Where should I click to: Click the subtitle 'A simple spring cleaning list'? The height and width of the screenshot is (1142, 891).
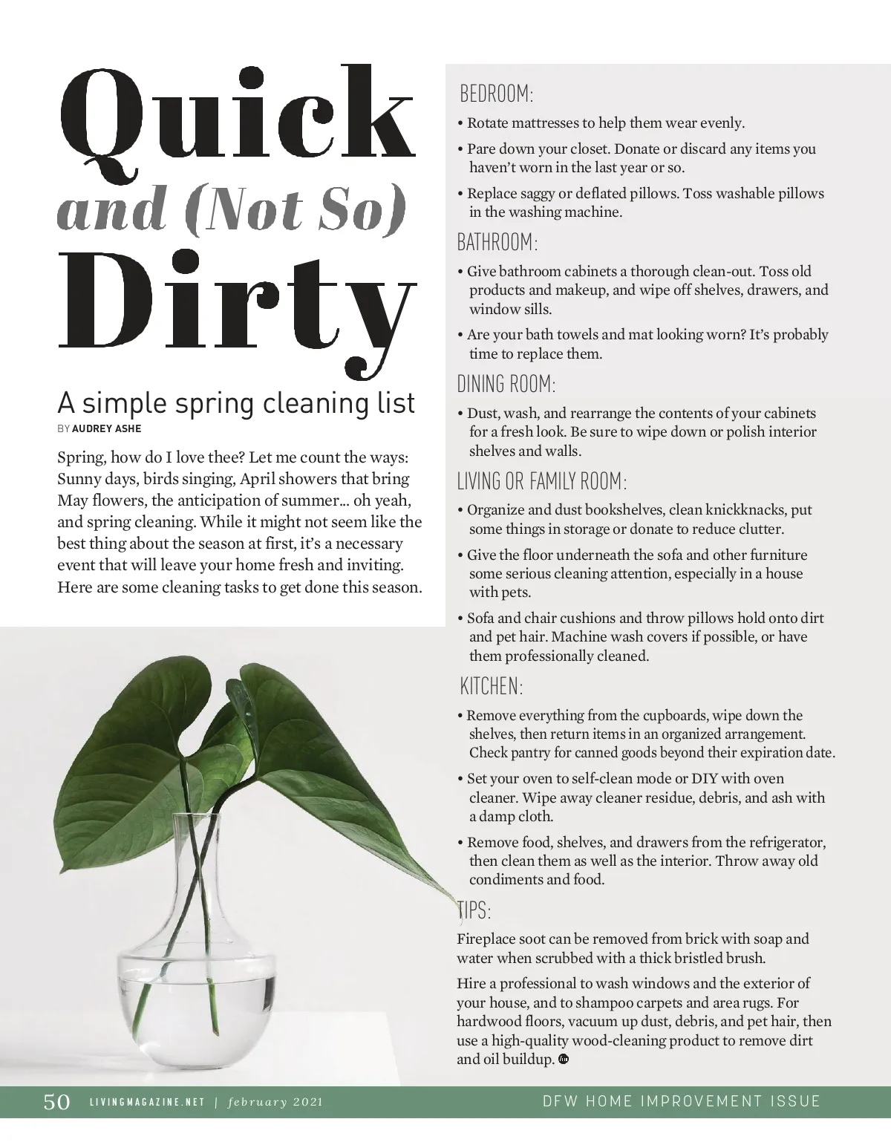pyautogui.click(x=236, y=403)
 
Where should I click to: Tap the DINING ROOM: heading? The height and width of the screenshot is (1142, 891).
pyautogui.click(x=506, y=384)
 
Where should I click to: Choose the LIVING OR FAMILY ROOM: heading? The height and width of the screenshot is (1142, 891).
pyautogui.click(x=542, y=481)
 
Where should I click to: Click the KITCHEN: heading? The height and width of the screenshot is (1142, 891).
pyautogui.click(x=492, y=686)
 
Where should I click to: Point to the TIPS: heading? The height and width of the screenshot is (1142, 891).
pyautogui.click(x=474, y=910)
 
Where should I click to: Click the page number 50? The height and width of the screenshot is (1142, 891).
pyautogui.click(x=56, y=1101)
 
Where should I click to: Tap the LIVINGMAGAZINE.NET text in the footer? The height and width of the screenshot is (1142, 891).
pyautogui.click(x=146, y=1102)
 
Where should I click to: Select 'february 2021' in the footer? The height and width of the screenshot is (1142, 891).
pyautogui.click(x=275, y=1102)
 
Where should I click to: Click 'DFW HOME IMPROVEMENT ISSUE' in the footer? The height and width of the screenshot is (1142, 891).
pyautogui.click(x=681, y=1101)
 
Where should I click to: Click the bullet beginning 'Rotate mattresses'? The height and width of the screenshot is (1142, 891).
pyautogui.click(x=605, y=123)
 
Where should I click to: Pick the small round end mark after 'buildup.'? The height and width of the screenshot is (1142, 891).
pyautogui.click(x=564, y=1059)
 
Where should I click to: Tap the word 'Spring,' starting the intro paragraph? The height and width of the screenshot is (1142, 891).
pyautogui.click(x=82, y=457)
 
